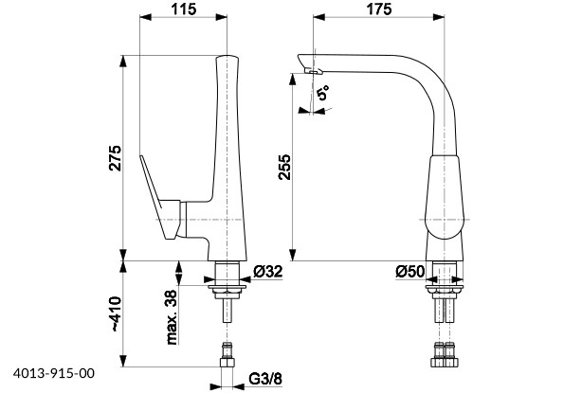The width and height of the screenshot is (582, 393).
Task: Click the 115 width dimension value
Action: (183, 9)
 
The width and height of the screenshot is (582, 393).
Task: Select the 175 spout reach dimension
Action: (378, 9)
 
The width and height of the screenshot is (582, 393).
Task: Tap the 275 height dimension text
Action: (115, 158)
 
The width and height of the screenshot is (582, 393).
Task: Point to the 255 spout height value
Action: (285, 167)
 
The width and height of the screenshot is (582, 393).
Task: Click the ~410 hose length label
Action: (116, 313)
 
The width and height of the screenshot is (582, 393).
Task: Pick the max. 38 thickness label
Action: (172, 317)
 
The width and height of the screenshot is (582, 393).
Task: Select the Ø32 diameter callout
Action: (268, 272)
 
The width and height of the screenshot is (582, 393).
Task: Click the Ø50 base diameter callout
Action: (409, 272)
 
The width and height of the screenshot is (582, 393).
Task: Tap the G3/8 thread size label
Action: (265, 379)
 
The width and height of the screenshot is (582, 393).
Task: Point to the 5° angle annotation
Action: (323, 93)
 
